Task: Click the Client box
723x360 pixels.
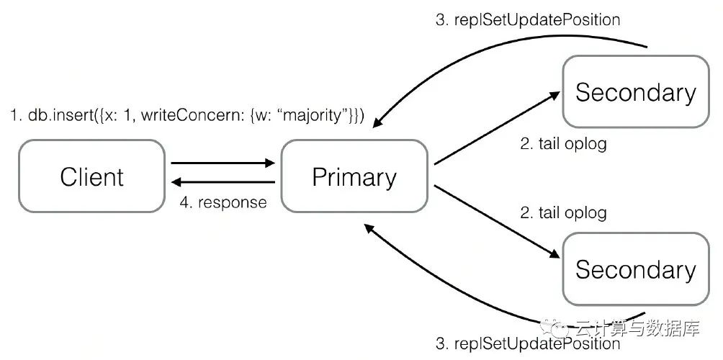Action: (x=91, y=176)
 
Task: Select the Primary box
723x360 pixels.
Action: (x=354, y=176)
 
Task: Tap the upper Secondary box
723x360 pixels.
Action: (x=635, y=91)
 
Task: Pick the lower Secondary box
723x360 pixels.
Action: (x=635, y=269)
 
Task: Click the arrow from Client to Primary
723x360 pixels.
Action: (x=223, y=163)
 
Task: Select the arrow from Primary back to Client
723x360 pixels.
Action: (x=223, y=183)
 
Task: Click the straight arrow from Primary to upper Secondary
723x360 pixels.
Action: (x=497, y=127)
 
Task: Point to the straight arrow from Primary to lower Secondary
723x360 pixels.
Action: (x=497, y=222)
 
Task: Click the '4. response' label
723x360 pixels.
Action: (x=223, y=202)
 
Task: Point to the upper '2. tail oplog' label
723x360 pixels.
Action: (x=563, y=144)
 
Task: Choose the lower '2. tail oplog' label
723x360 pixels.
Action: (x=563, y=213)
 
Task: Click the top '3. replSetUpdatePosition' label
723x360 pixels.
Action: (x=528, y=20)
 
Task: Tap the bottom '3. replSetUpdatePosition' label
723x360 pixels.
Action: (x=528, y=344)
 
